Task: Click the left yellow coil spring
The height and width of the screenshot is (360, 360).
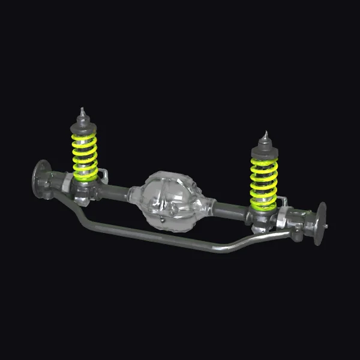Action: tap(85, 157)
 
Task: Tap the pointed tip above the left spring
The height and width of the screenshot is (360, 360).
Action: tap(81, 112)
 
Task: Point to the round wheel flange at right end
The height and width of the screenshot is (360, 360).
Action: tap(320, 223)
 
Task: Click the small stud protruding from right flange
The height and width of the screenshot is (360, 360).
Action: tap(326, 226)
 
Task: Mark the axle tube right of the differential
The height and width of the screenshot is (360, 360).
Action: tap(231, 211)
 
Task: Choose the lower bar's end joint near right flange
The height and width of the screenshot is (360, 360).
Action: tap(296, 232)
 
